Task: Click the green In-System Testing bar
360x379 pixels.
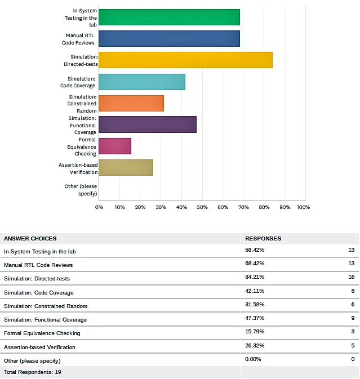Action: tap(169, 17)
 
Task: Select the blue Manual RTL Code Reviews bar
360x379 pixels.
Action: tap(169, 39)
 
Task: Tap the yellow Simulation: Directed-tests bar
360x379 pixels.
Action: tap(185, 60)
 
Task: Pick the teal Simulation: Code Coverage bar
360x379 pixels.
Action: tap(142, 82)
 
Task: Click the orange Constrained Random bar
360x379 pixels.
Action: tap(131, 103)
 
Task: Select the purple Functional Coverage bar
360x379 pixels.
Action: tap(148, 124)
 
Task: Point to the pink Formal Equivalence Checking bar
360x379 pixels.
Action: tap(115, 146)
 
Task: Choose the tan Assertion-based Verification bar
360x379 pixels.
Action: tap(126, 167)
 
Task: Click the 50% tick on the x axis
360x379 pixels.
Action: tap(202, 207)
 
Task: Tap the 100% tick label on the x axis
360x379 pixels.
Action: tap(303, 207)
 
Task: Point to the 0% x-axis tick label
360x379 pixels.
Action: tap(99, 207)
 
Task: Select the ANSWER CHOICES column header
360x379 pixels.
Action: tap(30, 239)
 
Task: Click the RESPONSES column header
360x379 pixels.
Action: tap(263, 239)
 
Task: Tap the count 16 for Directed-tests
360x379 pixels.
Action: tap(351, 277)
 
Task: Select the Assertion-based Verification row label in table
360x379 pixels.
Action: tap(39, 347)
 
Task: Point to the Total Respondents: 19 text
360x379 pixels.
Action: tap(33, 372)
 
